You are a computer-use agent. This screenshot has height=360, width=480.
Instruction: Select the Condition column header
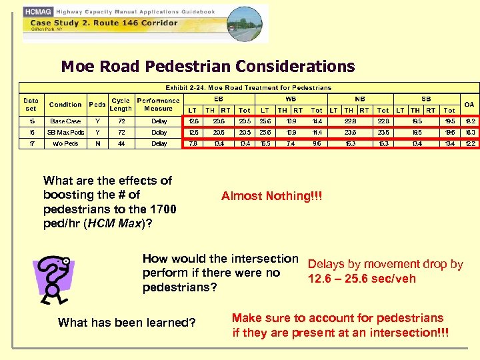pos(65,105)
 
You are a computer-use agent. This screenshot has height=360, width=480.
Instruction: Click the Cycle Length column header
pos(121,105)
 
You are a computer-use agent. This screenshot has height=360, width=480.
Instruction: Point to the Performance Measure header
pos(158,105)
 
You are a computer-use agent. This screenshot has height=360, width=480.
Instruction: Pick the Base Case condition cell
pos(65,121)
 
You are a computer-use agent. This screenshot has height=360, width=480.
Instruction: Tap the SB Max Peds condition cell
pos(65,133)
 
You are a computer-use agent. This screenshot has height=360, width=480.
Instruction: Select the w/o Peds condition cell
pos(65,144)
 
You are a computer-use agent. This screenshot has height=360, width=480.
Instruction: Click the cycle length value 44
pos(121,144)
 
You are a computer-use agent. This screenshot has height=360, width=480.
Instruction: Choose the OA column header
pos(469,105)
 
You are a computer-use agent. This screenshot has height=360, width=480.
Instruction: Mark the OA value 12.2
pos(469,144)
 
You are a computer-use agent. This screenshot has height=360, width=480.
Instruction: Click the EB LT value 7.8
pos(193,144)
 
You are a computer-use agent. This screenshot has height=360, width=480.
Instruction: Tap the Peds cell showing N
pos(98,144)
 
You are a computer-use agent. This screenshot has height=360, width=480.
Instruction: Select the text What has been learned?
pos(127,323)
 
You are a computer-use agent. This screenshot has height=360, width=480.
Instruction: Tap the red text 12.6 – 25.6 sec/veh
pos(361,279)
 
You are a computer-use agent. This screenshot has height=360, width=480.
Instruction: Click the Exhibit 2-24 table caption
pos(248,88)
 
